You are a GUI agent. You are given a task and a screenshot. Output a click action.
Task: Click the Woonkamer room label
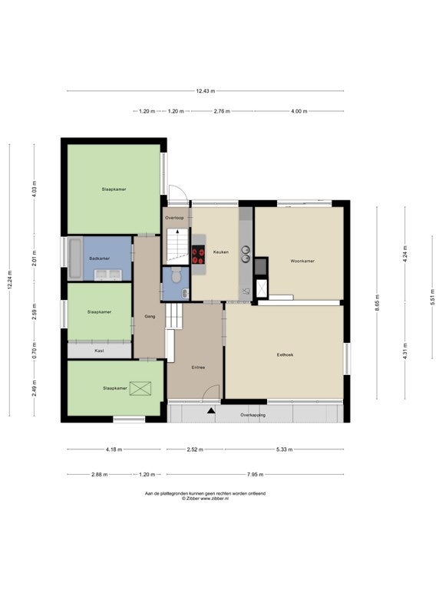click(x=302, y=261)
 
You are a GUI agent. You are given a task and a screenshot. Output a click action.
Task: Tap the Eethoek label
click(x=285, y=354)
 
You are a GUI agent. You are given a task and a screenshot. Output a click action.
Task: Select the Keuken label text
click(x=221, y=252)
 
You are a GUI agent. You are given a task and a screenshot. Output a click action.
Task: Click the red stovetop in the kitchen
click(x=199, y=255)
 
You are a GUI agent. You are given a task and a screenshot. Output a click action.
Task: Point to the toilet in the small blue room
click(x=175, y=275)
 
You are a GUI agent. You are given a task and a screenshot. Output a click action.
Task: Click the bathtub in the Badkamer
click(x=75, y=258)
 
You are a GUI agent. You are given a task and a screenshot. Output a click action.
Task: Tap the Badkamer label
click(x=100, y=258)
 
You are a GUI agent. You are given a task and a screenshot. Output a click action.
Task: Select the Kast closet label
click(x=99, y=350)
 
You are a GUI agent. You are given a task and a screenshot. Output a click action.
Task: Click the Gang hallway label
click(x=150, y=316)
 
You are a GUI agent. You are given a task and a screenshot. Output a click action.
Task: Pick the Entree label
click(x=198, y=367)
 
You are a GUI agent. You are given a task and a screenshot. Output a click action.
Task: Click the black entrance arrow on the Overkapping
click(x=211, y=410)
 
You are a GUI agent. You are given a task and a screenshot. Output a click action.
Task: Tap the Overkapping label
click(x=253, y=415)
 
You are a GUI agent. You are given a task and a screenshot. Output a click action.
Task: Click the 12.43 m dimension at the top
click(x=206, y=91)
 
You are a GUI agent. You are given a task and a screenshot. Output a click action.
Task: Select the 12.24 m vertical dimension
click(x=10, y=280)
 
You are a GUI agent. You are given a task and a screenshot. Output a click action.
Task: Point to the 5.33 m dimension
click(x=285, y=449)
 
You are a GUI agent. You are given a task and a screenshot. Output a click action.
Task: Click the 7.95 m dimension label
click(x=256, y=475)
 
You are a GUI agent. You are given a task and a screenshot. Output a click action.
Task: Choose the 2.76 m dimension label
click(x=222, y=111)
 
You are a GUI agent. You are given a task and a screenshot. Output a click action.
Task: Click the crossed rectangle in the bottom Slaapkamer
click(x=140, y=388)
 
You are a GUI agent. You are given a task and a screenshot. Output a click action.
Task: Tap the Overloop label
click(x=174, y=218)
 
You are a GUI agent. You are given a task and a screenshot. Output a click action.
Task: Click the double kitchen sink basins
click(x=246, y=253)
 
